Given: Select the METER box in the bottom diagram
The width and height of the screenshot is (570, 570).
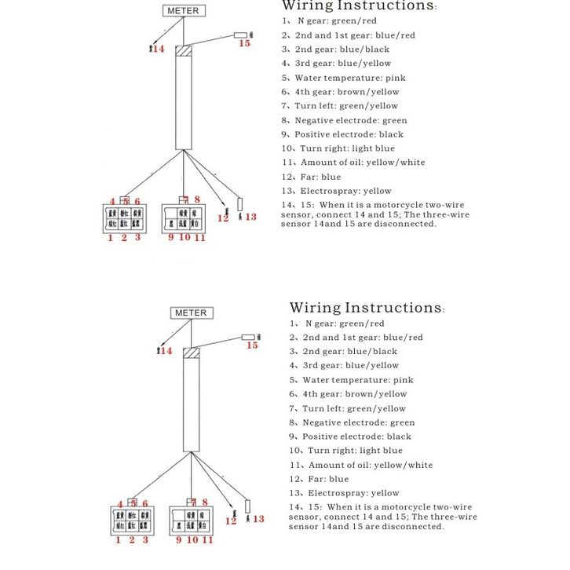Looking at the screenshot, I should pyautogui.click(x=191, y=312).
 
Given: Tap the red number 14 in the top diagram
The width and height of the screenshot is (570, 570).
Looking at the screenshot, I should pyautogui.click(x=159, y=49).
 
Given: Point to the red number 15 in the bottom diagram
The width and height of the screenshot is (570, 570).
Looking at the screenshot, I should pyautogui.click(x=252, y=345).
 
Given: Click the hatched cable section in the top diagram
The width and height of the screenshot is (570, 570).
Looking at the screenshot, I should pyautogui.click(x=184, y=51).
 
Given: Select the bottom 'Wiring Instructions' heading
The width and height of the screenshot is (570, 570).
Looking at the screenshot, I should pyautogui.click(x=366, y=308).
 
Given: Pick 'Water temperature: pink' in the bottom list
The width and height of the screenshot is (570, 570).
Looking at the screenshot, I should pyautogui.click(x=357, y=380).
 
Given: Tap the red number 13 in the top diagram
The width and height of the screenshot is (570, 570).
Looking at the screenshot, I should pyautogui.click(x=250, y=217).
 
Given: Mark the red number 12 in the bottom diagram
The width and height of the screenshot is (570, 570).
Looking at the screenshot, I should pyautogui.click(x=231, y=521).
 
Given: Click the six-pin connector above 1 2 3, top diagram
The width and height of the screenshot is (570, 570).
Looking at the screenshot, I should pyautogui.click(x=125, y=219).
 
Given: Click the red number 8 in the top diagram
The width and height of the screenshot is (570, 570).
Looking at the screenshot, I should pyautogui.click(x=197, y=199).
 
